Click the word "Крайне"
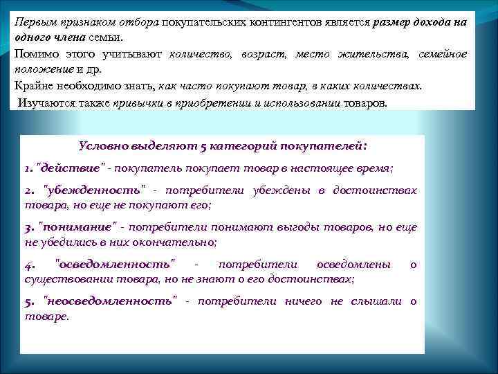(35, 86)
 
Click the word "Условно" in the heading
(104, 146)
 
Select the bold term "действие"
(71, 168)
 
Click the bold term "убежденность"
(95, 190)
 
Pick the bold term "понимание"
(80, 227)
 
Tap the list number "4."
(30, 265)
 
